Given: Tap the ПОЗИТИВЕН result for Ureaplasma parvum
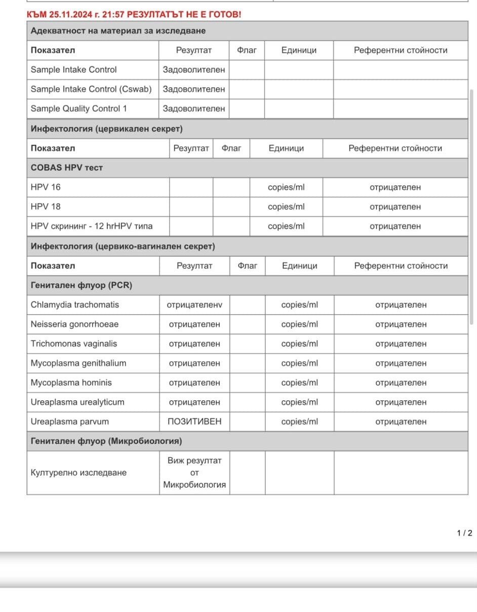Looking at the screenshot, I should pyautogui.click(x=194, y=422).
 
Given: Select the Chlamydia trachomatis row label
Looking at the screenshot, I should pyautogui.click(x=75, y=305).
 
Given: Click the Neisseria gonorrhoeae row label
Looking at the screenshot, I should pyautogui.click(x=74, y=324).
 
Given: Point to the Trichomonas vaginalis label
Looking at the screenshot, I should pyautogui.click(x=74, y=343).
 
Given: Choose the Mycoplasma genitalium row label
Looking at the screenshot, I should pyautogui.click(x=78, y=363).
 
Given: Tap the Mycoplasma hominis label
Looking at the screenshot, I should pyautogui.click(x=71, y=382).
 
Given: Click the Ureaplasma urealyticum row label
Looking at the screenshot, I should pyautogui.click(x=77, y=402).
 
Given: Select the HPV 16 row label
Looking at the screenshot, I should pyautogui.click(x=46, y=187).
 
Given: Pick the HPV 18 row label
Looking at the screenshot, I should pyautogui.click(x=46, y=207).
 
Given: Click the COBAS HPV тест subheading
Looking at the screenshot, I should pyautogui.click(x=67, y=168).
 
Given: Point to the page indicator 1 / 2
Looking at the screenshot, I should pyautogui.click(x=464, y=533).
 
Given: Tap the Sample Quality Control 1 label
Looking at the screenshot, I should pyautogui.click(x=79, y=108).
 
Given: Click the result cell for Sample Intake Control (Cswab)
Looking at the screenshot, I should pyautogui.click(x=194, y=89).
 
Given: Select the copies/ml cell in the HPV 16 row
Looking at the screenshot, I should pyautogui.click(x=286, y=187).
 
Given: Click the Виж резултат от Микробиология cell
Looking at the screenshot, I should pyautogui.click(x=194, y=473).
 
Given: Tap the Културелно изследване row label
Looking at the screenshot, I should pyautogui.click(x=78, y=473).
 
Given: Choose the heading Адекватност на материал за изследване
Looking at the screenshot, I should pyautogui.click(x=118, y=31).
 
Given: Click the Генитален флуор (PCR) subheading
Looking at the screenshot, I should pyautogui.click(x=82, y=285).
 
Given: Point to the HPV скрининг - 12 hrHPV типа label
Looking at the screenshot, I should pyautogui.click(x=92, y=226).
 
